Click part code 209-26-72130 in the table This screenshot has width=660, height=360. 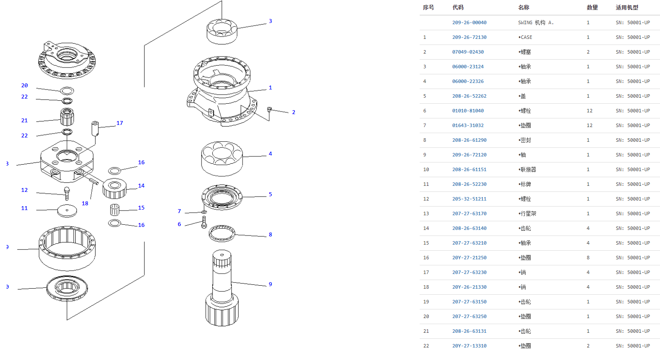click(x=469, y=37)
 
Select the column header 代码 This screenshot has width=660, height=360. click(x=458, y=7)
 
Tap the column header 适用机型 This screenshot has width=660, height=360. click(x=627, y=7)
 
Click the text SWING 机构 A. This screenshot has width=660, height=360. click(x=536, y=22)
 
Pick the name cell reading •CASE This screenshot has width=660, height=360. click(x=525, y=37)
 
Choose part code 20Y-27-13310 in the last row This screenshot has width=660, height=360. click(x=469, y=346)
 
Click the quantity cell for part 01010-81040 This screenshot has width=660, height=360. click(x=590, y=111)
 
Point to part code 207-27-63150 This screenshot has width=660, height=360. click(x=469, y=302)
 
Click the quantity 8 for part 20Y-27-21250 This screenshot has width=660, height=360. click(x=588, y=258)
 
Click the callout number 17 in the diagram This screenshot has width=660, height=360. click(x=120, y=123)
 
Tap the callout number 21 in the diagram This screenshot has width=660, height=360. click(x=25, y=121)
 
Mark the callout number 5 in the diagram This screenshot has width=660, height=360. click(x=270, y=194)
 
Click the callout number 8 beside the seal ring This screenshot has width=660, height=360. click(x=270, y=235)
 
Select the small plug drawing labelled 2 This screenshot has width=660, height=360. click(x=269, y=109)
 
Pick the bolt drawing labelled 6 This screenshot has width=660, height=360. click(x=204, y=223)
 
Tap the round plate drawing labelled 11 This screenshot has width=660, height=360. click(x=67, y=211)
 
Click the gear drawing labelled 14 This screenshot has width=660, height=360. click(x=115, y=188)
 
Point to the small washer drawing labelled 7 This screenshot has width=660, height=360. click(x=204, y=212)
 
